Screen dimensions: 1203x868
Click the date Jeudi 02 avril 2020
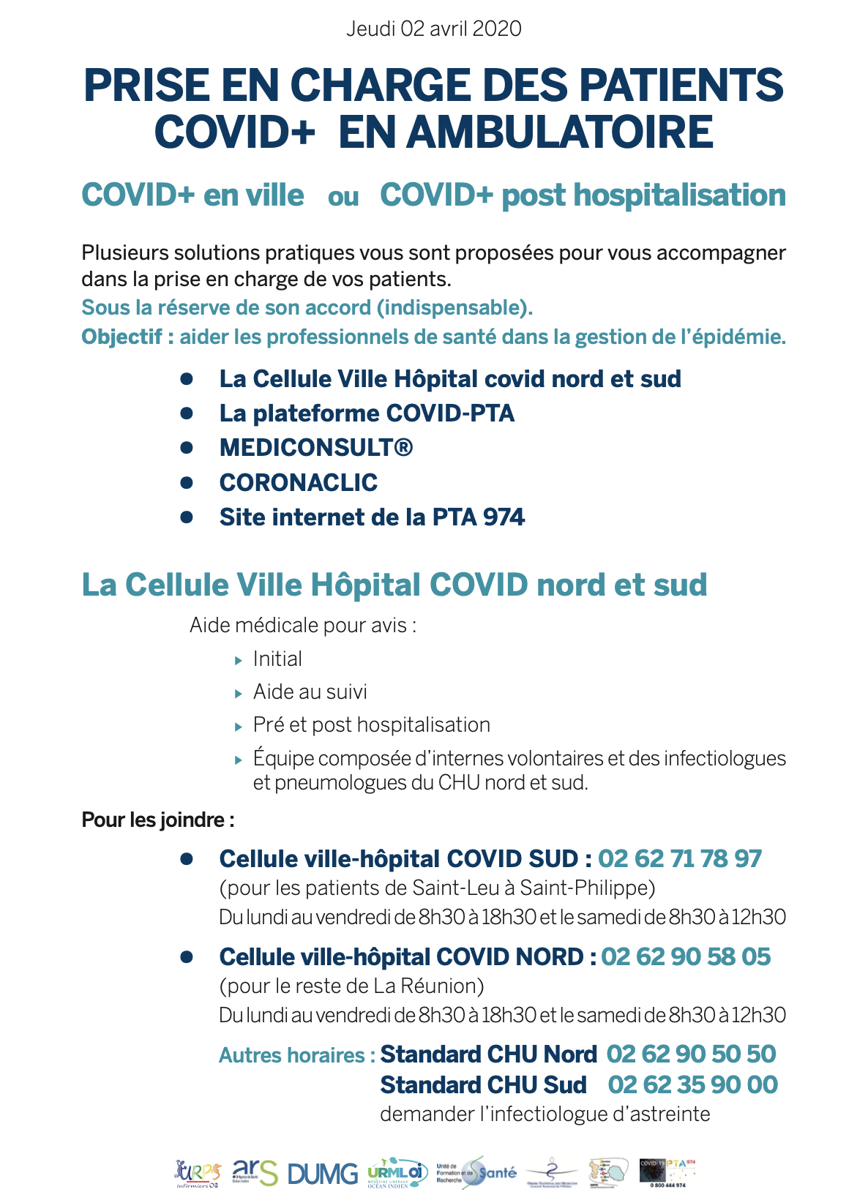[433, 29]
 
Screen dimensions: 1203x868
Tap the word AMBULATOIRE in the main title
[559, 132]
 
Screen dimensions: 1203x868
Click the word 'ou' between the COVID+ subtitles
[343, 197]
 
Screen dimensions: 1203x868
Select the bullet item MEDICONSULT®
[316, 447]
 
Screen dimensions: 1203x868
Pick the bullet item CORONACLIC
[299, 482]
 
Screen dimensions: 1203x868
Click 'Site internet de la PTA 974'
[372, 517]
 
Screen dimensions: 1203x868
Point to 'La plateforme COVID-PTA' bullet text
[367, 413]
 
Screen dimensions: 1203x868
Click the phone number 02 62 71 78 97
[680, 858]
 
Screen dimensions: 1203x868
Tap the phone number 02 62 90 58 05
[686, 956]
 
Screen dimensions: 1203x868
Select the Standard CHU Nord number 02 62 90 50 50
[691, 1054]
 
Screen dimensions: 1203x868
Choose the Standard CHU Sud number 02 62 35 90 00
[692, 1084]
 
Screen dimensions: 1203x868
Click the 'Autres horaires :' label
[296, 1055]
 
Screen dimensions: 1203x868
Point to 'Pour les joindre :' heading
[158, 820]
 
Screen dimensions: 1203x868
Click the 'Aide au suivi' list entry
[310, 692]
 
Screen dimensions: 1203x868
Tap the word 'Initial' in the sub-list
[277, 659]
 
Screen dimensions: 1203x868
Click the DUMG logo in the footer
[323, 1174]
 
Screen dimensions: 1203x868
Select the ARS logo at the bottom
[255, 1172]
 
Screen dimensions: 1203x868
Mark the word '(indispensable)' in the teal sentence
[454, 308]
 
